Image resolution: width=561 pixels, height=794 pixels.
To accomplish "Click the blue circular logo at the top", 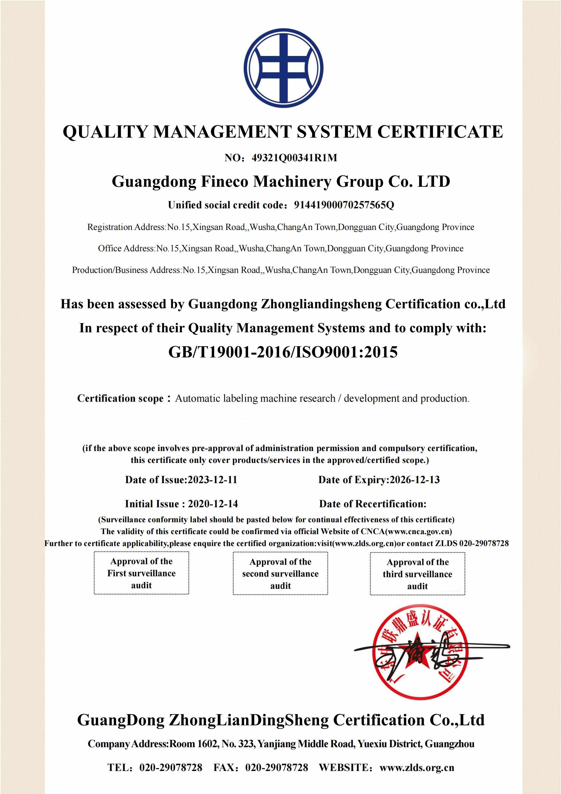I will pyautogui.click(x=284, y=68).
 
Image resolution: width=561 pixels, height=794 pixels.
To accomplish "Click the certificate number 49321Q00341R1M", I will pyautogui.click(x=294, y=158).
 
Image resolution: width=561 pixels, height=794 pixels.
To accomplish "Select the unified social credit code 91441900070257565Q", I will pyautogui.click(x=344, y=205).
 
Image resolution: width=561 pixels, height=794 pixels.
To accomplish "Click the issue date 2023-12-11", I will pyautogui.click(x=212, y=480).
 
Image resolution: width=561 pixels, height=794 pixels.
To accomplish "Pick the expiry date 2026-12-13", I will pyautogui.click(x=415, y=480).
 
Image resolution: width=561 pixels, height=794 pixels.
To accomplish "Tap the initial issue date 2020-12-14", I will pyautogui.click(x=213, y=503).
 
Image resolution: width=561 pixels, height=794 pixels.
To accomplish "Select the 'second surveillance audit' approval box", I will pyautogui.click(x=280, y=573).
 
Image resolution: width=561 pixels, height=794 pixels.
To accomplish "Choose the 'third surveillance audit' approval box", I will pyautogui.click(x=417, y=574).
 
